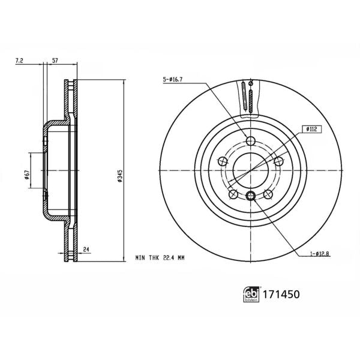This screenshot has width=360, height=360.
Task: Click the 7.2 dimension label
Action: (19, 61)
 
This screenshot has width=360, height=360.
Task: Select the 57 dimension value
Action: (55, 61)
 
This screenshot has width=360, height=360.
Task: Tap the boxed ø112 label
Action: (312, 128)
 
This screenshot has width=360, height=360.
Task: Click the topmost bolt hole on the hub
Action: (251, 142)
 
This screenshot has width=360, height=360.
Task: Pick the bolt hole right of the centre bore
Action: (278, 161)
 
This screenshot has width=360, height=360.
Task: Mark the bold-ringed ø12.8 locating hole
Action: (251, 195)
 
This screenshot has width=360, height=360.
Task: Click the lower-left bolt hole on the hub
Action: (233, 194)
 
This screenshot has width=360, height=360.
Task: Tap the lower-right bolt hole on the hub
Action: (268, 194)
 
